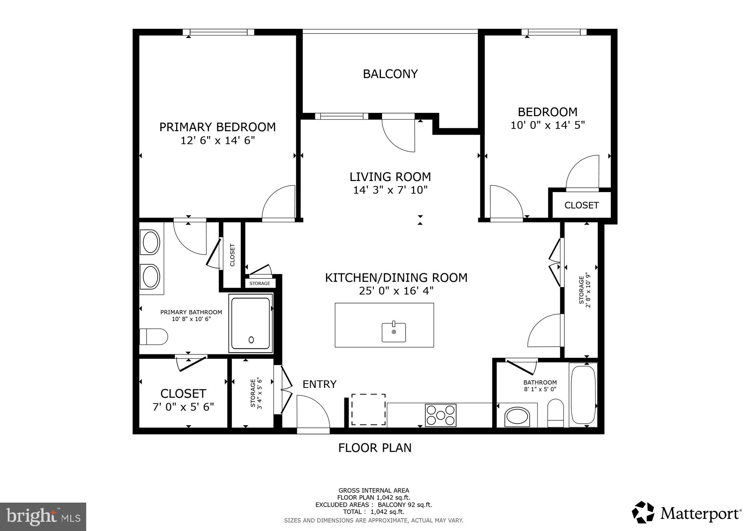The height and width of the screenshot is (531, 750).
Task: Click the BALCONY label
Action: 390,74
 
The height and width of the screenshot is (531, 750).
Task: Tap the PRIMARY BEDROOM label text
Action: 217,127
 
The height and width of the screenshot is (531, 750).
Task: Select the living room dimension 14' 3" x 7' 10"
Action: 390,190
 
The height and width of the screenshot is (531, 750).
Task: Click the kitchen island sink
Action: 393,332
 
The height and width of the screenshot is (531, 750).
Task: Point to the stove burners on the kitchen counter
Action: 441,415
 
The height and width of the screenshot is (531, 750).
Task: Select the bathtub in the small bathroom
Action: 583,395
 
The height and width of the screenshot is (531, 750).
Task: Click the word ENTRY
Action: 319,384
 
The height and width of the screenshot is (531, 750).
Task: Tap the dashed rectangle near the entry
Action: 368,410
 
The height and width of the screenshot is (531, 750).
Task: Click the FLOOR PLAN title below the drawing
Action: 375,448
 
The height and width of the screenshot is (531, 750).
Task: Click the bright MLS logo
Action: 43,516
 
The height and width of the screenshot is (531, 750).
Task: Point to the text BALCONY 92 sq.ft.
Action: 405,505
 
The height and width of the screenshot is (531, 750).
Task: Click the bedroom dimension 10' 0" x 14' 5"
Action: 547,125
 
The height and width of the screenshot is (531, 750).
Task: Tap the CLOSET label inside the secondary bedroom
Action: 581,205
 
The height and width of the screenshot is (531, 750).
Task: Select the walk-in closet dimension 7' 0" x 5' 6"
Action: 183,407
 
